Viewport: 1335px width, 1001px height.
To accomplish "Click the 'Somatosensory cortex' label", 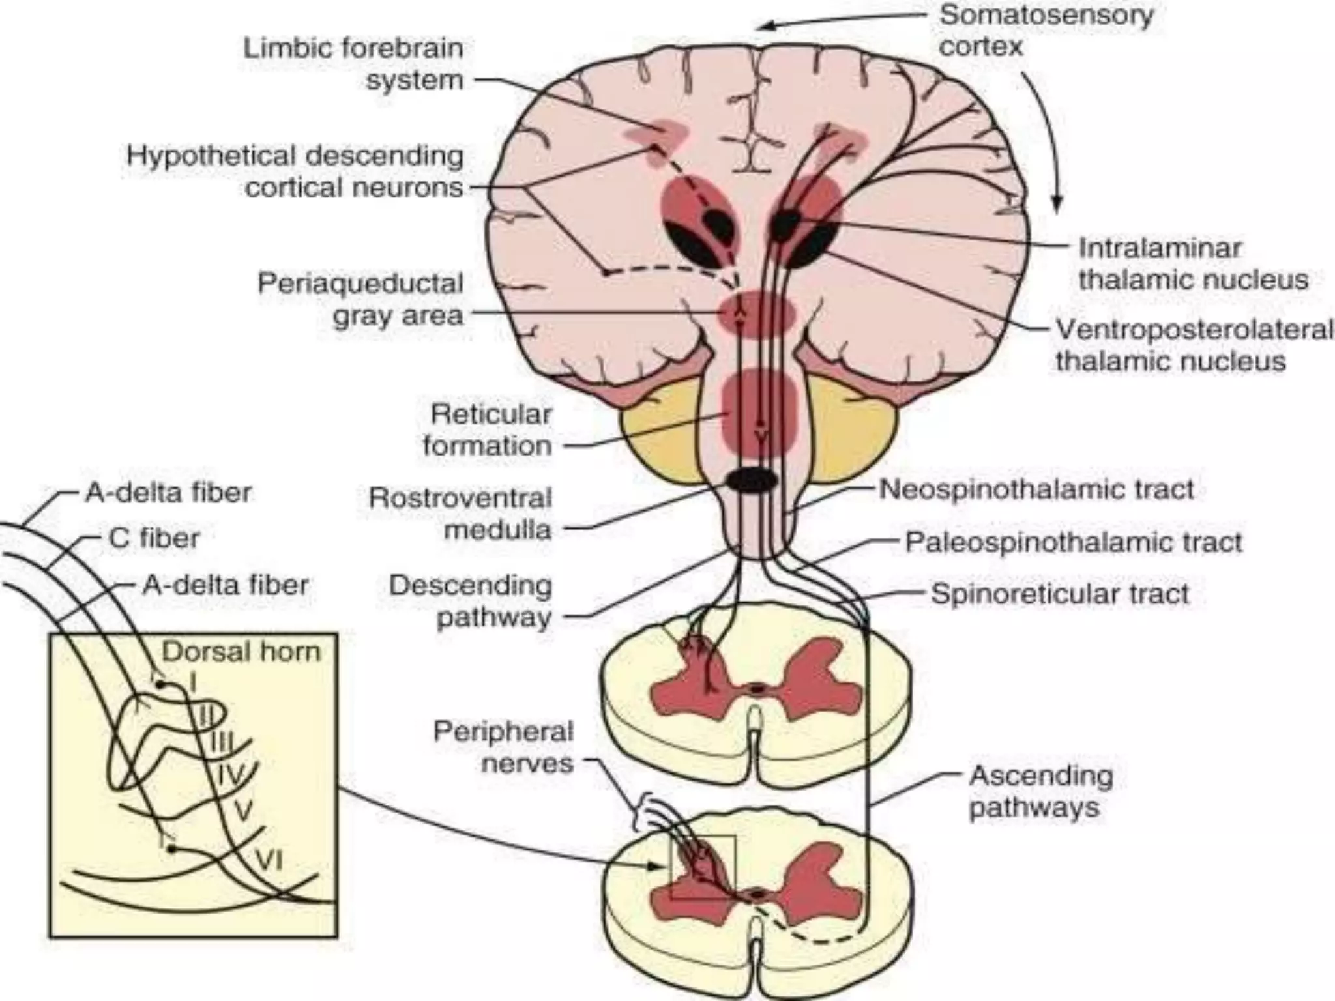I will click(1045, 31).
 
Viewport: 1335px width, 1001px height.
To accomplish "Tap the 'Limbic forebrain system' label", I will click(353, 64).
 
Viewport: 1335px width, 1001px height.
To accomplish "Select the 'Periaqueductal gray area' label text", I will click(360, 299).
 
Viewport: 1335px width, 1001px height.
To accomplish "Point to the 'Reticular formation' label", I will click(488, 430).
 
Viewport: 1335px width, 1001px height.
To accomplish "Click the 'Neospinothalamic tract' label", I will click(1036, 489).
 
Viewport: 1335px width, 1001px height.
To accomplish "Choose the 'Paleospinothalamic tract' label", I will click(1073, 542).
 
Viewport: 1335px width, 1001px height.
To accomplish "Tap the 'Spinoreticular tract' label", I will click(1059, 594).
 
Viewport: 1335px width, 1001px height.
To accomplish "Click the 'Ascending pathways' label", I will click(1040, 791).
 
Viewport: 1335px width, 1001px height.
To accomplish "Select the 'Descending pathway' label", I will click(471, 601).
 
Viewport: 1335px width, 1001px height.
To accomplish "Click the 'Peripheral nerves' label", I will click(503, 747).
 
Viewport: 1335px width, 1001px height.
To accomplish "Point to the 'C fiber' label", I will click(154, 538).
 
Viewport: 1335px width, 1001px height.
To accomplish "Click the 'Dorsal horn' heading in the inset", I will click(241, 652).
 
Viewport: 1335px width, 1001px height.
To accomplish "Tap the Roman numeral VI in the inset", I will click(268, 862).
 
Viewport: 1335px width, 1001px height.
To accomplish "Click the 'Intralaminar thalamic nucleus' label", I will click(1192, 264).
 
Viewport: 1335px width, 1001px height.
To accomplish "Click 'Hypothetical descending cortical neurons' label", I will click(295, 171).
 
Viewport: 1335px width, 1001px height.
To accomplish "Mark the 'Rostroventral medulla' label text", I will click(460, 514).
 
